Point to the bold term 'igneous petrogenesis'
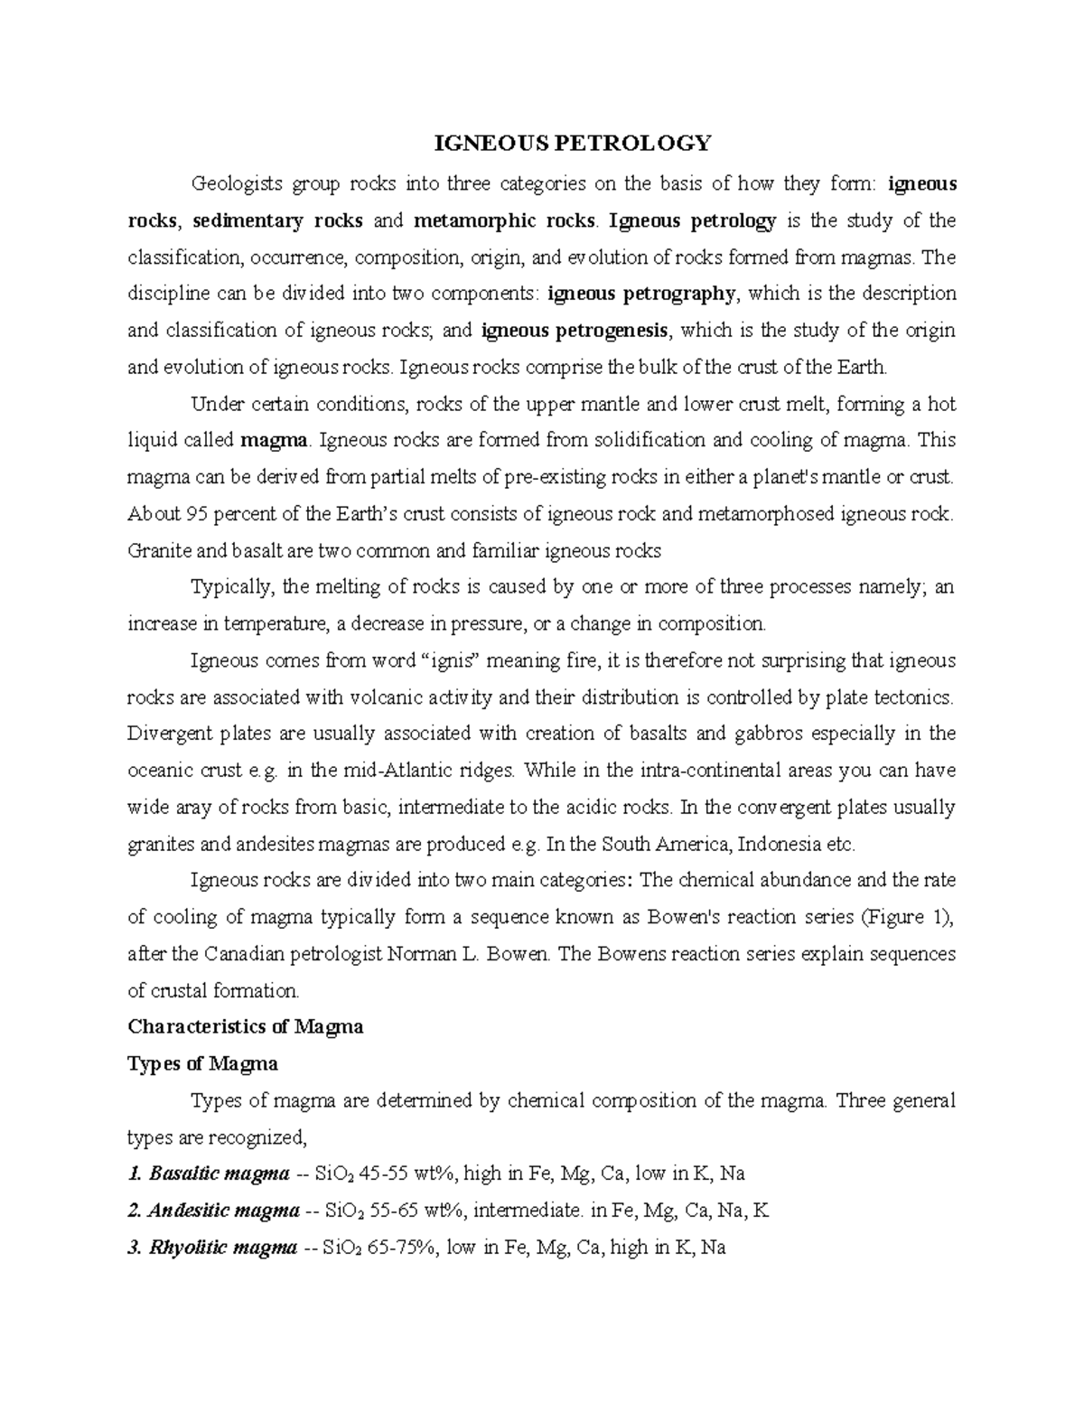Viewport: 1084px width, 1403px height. point(576,331)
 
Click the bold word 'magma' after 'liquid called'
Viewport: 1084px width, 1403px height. point(275,441)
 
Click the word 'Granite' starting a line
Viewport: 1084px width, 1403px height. point(155,551)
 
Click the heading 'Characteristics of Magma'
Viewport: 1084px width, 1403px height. point(245,1027)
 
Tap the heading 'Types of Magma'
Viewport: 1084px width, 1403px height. point(202,1064)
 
